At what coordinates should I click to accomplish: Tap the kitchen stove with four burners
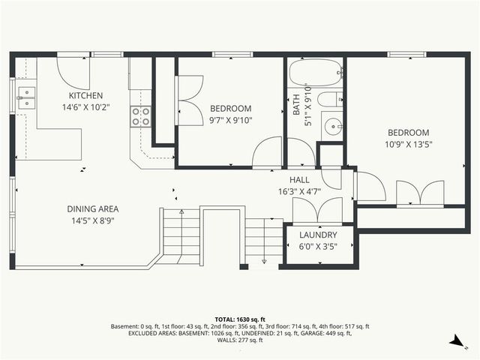tap(141, 115)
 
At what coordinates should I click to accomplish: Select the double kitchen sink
tap(27, 97)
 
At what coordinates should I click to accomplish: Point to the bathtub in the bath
tap(314, 74)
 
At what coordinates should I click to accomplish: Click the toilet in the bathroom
tap(329, 99)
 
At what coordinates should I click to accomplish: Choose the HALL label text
tap(300, 180)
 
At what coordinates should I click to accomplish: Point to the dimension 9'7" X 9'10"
tap(230, 119)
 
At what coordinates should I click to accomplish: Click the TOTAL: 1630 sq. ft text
tap(240, 319)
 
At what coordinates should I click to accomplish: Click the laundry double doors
tap(316, 209)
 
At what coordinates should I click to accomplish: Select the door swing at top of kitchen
tap(74, 70)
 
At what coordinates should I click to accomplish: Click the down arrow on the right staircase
tap(265, 259)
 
